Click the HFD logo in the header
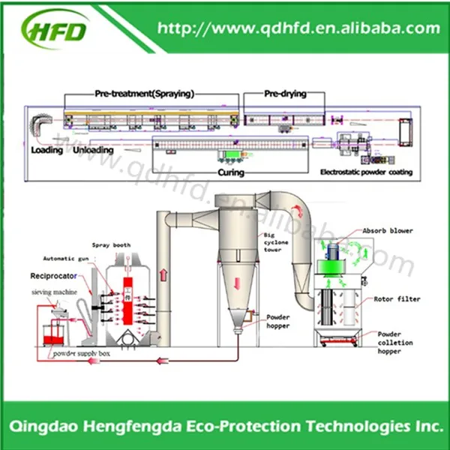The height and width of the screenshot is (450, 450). pyautogui.click(x=56, y=28)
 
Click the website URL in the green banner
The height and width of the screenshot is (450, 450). pyautogui.click(x=298, y=28)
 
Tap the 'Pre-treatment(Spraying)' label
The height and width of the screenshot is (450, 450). pyautogui.click(x=144, y=94)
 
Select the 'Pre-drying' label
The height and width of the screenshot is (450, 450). pyautogui.click(x=281, y=94)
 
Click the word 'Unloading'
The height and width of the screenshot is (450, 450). pyautogui.click(x=94, y=149)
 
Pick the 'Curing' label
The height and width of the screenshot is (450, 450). pyautogui.click(x=231, y=172)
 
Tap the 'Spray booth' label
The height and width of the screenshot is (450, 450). pyautogui.click(x=110, y=245)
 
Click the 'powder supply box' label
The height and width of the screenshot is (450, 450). pyautogui.click(x=80, y=352)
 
